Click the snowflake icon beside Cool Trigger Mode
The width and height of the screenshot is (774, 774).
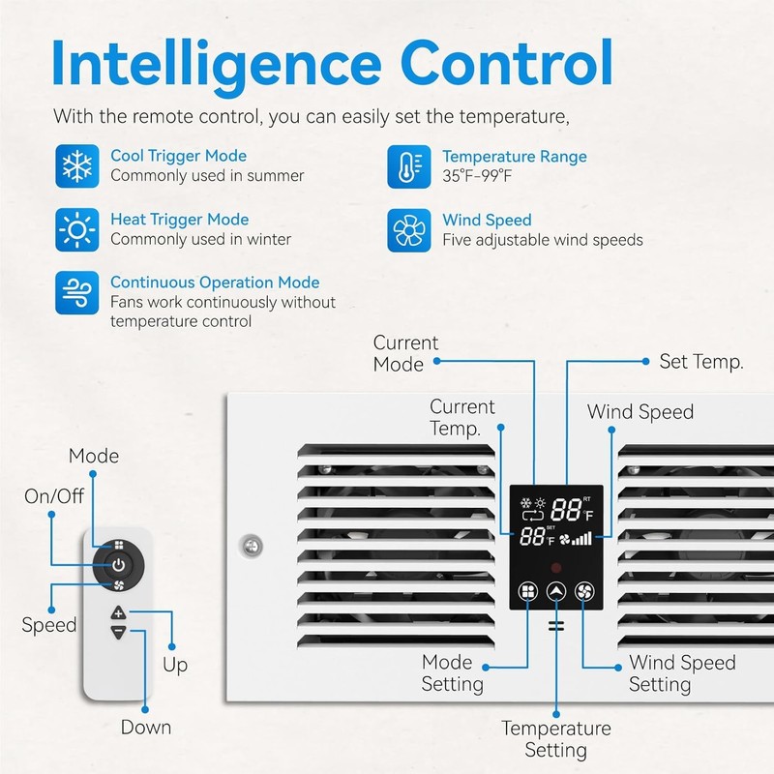tap(75, 165)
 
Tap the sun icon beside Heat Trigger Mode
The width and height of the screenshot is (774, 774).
tap(75, 229)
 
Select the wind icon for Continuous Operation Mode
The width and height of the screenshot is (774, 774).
tap(75, 292)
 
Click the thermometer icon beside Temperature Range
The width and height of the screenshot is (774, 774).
tap(407, 165)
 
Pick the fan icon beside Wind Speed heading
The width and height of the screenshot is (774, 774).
tap(407, 229)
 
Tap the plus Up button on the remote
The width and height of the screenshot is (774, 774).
tap(118, 612)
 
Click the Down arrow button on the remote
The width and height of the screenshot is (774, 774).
tap(118, 632)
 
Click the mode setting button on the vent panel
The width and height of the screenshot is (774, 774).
tap(527, 592)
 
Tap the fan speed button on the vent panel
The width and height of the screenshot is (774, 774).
tap(584, 592)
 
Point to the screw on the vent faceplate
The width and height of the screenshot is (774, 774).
tap(251, 545)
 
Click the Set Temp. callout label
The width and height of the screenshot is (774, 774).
tap(700, 362)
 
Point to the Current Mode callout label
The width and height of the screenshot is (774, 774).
tap(405, 353)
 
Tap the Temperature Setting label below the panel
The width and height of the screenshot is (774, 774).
tap(556, 739)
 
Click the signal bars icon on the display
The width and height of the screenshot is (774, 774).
tap(581, 538)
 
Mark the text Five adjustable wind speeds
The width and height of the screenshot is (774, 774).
tap(542, 240)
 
